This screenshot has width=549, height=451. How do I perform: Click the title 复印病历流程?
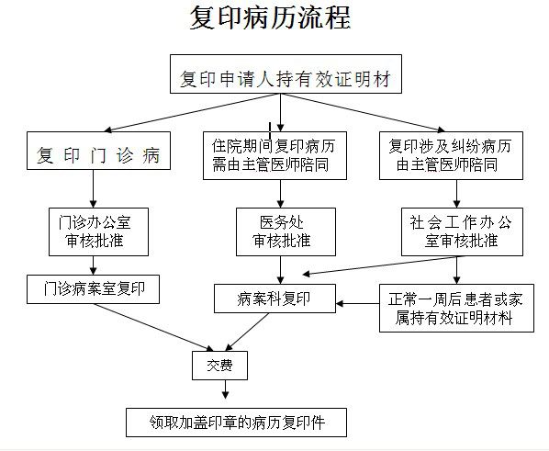270,17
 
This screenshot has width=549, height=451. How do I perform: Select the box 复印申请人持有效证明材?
286,73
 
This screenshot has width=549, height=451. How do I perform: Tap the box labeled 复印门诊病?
99,151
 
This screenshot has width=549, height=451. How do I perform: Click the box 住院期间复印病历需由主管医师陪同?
274,155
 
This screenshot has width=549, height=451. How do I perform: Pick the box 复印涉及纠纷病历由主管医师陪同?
451,155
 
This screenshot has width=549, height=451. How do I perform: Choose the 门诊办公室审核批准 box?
99,231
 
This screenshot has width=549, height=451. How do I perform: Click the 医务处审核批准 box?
286,231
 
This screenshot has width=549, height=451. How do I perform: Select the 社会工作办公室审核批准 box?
462,231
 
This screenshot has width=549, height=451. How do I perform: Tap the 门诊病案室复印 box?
93,289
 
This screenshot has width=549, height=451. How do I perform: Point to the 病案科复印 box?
274,299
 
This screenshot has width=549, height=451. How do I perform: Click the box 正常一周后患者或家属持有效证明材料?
456,308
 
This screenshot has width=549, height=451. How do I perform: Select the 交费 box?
220,366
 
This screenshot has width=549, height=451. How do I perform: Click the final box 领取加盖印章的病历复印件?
236,423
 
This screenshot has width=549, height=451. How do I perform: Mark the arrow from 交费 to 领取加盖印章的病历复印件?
226,389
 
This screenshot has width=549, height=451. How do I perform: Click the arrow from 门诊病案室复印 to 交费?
153,327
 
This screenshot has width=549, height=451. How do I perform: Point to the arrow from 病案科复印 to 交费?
247,332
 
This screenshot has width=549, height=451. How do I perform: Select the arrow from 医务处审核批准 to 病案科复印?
280,270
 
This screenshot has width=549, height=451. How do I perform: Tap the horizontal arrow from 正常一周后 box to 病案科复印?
357,303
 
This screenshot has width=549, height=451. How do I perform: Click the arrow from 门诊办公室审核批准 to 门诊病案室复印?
93,265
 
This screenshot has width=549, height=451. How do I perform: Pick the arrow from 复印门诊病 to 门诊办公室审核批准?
93,189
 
